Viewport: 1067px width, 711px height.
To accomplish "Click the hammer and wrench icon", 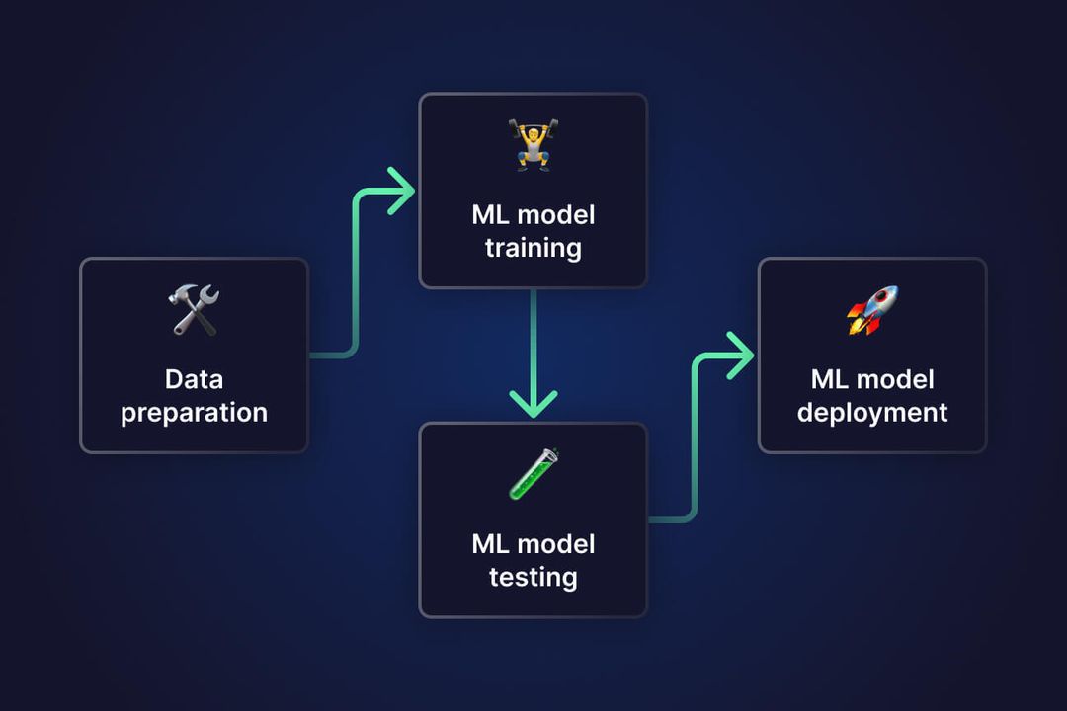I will (194, 310).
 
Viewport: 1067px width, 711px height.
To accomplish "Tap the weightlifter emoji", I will (533, 146).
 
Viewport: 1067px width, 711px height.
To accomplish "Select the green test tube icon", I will (533, 474).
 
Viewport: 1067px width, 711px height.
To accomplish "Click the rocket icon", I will (872, 310).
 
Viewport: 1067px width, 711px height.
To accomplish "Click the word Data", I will (194, 379).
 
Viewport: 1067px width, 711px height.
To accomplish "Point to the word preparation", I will (194, 413).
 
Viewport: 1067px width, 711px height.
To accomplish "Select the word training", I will (533, 248).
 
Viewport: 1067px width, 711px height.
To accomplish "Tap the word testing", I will (533, 577).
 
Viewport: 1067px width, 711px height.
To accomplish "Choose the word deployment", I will (872, 413).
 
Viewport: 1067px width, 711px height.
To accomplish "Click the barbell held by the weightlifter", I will (533, 126).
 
